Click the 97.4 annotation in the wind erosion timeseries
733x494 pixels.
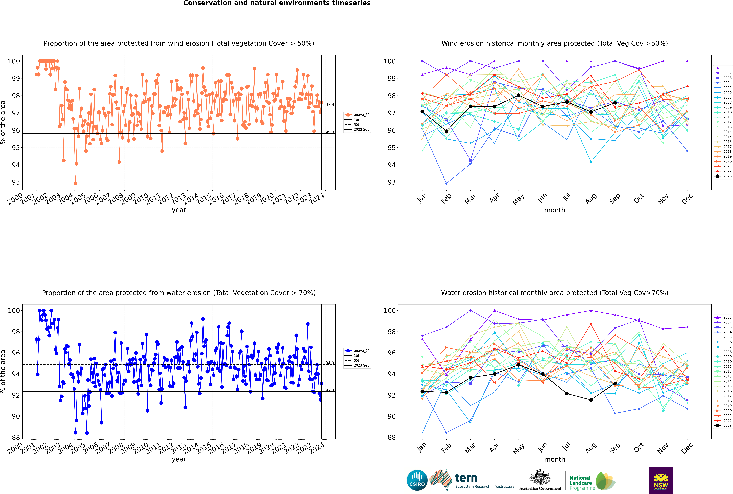(x=330, y=105)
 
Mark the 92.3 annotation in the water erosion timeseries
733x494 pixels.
(x=330, y=390)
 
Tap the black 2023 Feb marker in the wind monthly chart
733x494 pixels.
(x=446, y=131)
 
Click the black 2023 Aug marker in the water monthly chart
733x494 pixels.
(x=591, y=400)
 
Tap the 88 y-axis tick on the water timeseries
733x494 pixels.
(x=16, y=437)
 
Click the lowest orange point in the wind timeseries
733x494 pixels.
(x=75, y=183)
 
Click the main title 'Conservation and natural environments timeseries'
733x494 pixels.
(x=277, y=3)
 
